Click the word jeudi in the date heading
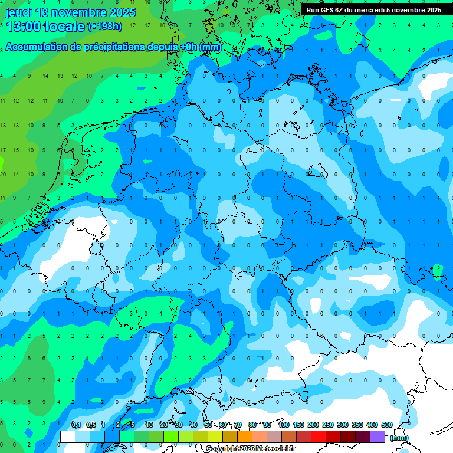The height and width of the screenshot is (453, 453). click(19, 12)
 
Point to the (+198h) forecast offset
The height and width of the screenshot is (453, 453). click(104, 27)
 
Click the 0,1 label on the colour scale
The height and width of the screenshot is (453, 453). click(75, 425)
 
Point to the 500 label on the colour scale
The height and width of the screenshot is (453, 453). click(387, 425)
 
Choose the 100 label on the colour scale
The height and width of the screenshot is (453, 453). click(283, 425)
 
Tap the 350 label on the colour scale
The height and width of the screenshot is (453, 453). click(357, 425)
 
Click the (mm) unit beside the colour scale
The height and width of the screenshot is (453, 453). click(399, 437)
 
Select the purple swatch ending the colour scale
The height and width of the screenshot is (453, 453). click(377, 436)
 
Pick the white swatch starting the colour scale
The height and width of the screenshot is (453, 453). click(68, 436)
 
